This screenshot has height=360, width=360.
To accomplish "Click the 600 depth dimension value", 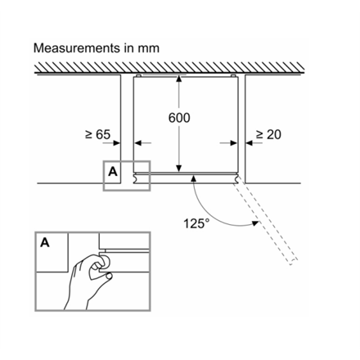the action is (x=179, y=118).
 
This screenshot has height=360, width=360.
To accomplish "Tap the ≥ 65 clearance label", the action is (x=97, y=134).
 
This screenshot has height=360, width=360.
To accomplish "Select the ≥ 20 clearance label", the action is (x=268, y=134).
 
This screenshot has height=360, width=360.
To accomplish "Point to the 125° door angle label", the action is (x=196, y=223).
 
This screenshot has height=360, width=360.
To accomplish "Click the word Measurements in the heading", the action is (x=77, y=48).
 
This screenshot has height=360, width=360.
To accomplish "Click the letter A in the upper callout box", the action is (x=113, y=172).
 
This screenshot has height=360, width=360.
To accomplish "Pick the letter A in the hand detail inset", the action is (x=45, y=242).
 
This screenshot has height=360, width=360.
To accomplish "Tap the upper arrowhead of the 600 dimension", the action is (x=179, y=79).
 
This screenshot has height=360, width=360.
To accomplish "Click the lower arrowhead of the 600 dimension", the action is (x=179, y=169).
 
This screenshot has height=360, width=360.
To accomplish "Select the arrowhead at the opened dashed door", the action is (x=255, y=223).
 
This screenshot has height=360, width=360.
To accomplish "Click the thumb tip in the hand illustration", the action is (x=110, y=276).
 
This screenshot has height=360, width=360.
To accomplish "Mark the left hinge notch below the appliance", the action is (x=135, y=178).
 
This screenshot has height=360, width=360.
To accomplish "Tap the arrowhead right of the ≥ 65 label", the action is (x=117, y=142).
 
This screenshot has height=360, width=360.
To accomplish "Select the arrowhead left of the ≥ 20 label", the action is (x=249, y=142).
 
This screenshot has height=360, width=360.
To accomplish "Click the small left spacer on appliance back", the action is (x=138, y=75).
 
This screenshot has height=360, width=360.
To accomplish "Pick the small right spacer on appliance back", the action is (x=233, y=75).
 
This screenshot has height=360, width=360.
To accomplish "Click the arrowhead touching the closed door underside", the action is (x=194, y=178).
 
